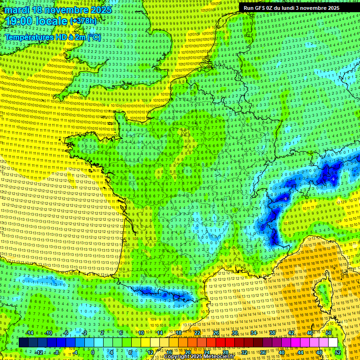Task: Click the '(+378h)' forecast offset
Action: pyautogui.click(x=83, y=21)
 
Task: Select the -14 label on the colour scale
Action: pyautogui.click(x=29, y=333)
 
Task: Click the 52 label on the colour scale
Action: pyautogui.click(x=338, y=352)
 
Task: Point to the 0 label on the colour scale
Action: pyautogui.click(x=92, y=352)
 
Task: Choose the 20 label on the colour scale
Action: pyautogui.click(x=188, y=352)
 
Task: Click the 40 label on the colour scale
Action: pyautogui.click(x=282, y=352)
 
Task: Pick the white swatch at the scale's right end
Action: pyautogui.click(x=333, y=343)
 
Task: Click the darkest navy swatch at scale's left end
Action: pyautogui.click(x=23, y=343)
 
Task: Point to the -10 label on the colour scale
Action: pyautogui.click(x=48, y=333)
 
